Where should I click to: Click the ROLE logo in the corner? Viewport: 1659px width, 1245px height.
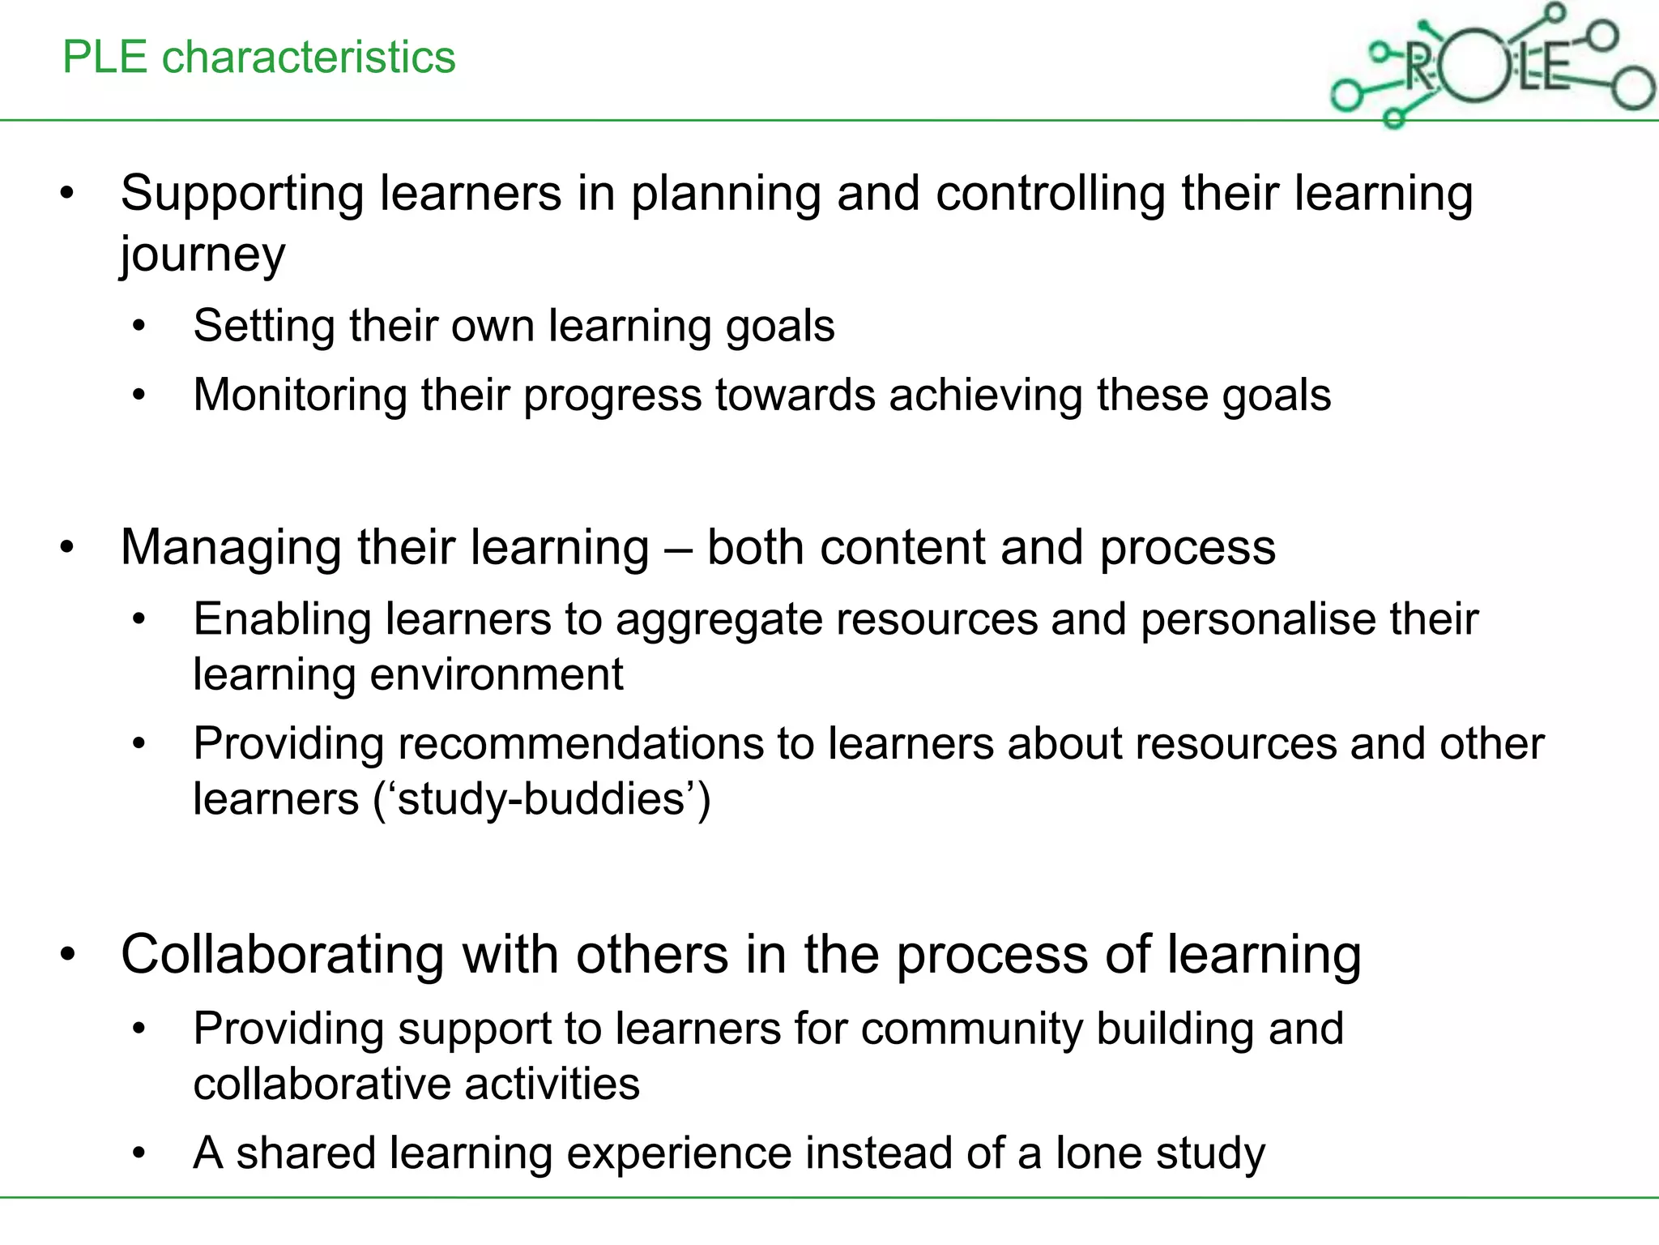click(x=1491, y=66)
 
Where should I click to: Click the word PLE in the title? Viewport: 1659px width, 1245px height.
click(x=104, y=58)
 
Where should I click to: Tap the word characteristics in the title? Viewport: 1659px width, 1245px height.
click(x=309, y=58)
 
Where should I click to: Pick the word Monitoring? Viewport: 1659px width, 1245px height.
click(x=300, y=396)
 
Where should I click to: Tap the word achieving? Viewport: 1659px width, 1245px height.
click(x=985, y=396)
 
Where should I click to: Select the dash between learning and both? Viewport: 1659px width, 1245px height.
click(x=678, y=549)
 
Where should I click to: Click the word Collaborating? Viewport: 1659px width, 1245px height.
click(x=283, y=955)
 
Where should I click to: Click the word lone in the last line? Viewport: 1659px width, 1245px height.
click(x=1098, y=1153)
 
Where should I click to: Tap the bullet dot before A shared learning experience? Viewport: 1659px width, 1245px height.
click(x=139, y=1153)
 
